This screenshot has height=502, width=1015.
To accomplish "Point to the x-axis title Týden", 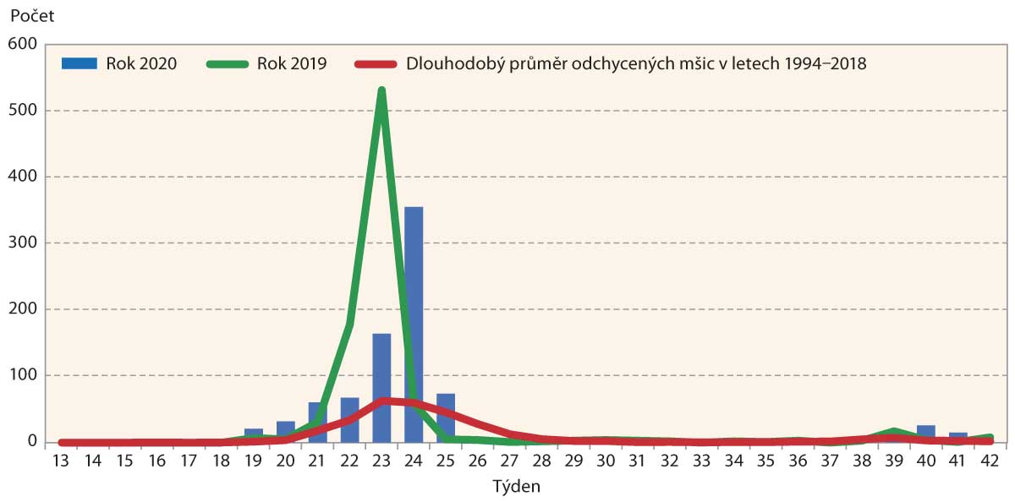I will (515, 487).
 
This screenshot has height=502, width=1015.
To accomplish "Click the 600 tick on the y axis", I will (23, 44).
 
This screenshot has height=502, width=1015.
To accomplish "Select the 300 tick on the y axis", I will (23, 243).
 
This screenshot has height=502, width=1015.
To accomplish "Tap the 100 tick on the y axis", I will (23, 375).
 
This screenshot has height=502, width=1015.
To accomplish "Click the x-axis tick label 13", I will (61, 461).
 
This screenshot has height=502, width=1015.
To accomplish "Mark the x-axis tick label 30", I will (605, 461).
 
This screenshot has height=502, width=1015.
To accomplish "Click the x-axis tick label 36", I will (797, 461).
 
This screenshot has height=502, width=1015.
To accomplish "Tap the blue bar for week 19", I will (254, 434).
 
